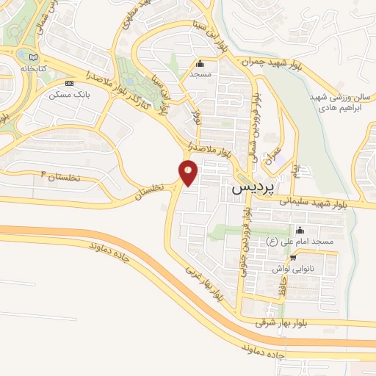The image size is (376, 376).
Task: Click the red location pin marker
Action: pyautogui.click(x=188, y=173)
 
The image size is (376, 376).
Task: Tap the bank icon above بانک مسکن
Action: pyautogui.click(x=70, y=84)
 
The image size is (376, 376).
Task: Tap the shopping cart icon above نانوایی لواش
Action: pyautogui.click(x=294, y=258)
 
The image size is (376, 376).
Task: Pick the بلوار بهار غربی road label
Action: pyautogui.click(x=202, y=283)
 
